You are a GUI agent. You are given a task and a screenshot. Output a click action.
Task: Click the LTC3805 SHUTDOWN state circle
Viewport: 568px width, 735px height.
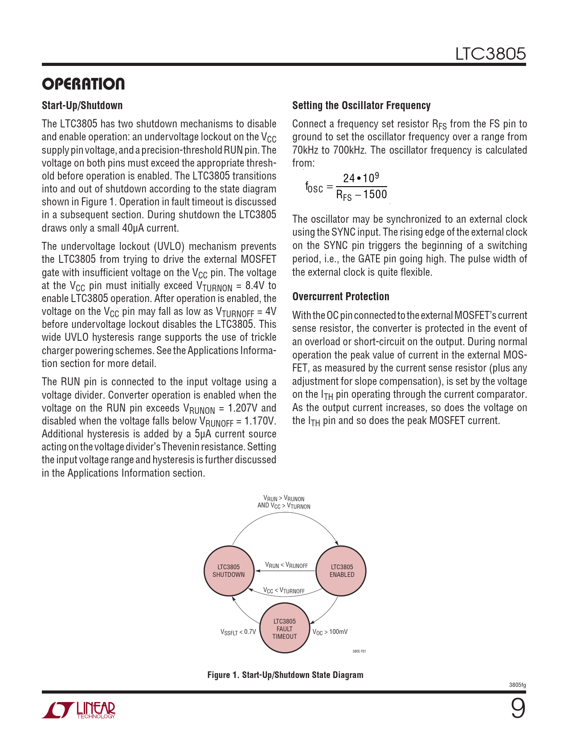pos(229,571)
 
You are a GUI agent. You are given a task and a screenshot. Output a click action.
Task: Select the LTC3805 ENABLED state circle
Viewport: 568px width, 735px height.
pos(342,571)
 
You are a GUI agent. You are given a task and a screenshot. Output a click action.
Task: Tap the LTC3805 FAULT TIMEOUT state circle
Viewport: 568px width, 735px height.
pos(285,629)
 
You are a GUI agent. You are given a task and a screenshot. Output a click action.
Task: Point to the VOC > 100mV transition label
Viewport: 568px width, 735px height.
pos(330,632)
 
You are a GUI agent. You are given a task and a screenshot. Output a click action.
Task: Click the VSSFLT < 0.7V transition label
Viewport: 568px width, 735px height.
pos(238,632)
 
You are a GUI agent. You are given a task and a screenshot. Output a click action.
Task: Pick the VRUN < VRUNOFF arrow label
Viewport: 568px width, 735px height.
pos(286,565)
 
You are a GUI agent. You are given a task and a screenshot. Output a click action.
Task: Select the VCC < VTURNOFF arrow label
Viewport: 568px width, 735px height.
pos(284,591)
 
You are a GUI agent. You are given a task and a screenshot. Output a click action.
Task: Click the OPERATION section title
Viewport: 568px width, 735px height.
pos(83,84)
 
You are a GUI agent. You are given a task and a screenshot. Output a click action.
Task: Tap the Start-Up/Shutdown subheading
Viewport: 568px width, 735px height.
pos(82,106)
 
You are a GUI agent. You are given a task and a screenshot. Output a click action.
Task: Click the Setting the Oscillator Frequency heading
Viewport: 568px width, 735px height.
pos(361,106)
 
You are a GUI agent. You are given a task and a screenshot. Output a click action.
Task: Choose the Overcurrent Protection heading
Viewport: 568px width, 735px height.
pos(341,297)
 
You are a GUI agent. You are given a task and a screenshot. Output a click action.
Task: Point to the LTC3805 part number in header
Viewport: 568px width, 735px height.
pos(490,54)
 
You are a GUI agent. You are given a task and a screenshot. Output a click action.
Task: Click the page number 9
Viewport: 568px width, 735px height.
pos(518,708)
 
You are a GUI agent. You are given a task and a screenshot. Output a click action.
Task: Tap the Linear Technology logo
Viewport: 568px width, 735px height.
pos(79,710)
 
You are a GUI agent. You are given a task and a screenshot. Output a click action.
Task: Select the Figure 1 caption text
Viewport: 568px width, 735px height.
pos(285,675)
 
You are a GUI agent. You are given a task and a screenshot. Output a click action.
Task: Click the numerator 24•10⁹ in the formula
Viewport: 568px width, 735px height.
pos(361,178)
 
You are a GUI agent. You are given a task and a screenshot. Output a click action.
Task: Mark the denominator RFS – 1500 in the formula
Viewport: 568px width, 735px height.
pos(361,195)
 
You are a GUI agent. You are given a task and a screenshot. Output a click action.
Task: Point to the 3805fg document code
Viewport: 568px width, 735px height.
pos(517,685)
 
